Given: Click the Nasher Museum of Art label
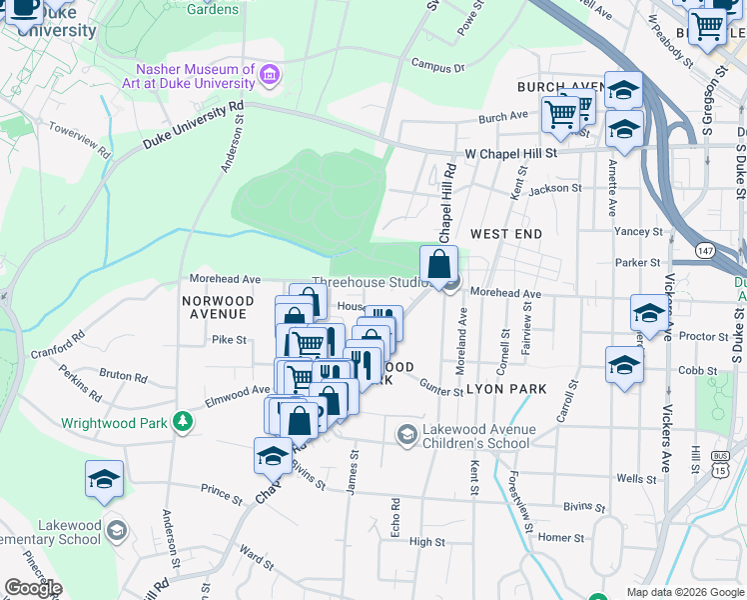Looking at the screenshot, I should click(x=196, y=76).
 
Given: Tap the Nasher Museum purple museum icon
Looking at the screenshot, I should click(x=269, y=74).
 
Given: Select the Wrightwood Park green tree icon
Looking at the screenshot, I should click(x=182, y=422).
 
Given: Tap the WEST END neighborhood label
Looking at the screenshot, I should click(x=506, y=234).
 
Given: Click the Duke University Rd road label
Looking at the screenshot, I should click(x=193, y=124).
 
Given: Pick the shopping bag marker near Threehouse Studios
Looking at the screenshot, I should click(x=438, y=266).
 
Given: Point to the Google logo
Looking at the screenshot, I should click(x=33, y=588).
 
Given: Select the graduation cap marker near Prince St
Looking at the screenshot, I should click(x=104, y=481).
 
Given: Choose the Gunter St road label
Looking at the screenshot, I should click(x=441, y=388).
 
